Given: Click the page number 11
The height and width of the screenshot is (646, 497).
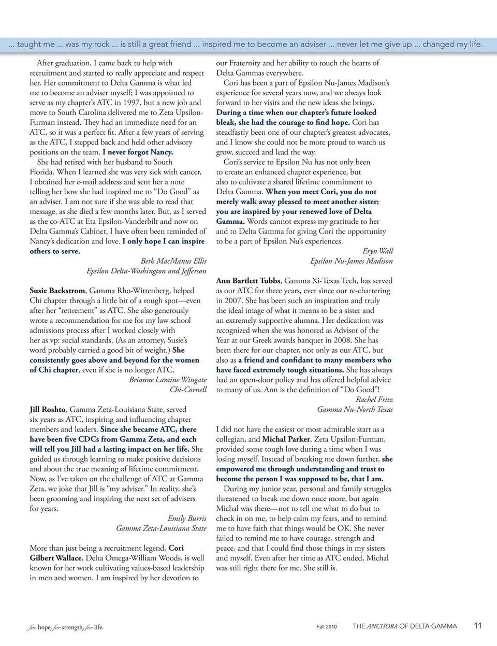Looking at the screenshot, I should (478, 626).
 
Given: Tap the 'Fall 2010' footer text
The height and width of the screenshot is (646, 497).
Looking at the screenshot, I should (326, 627).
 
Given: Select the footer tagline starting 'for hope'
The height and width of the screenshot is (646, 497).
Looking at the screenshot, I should (65, 627).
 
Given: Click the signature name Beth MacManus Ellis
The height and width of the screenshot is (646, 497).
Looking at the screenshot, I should (173, 261).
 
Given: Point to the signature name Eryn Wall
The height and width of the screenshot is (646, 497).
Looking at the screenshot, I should (377, 251).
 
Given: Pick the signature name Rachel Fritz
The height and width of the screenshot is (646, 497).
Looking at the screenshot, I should (374, 399).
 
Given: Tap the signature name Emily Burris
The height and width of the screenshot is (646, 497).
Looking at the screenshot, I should (187, 519).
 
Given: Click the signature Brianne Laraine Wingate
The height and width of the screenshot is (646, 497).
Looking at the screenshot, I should (168, 380).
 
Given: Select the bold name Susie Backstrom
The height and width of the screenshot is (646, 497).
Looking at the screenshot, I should (57, 291).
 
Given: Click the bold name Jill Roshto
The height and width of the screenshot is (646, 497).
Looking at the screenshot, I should (48, 409).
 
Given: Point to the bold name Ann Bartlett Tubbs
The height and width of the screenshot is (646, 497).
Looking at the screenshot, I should (248, 281).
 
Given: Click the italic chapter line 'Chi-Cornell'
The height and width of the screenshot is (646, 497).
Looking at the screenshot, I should (188, 390).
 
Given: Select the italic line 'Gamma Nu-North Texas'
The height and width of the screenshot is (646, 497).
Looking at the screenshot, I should (355, 409).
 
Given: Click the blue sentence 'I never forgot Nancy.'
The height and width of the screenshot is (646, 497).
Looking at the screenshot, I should (138, 152).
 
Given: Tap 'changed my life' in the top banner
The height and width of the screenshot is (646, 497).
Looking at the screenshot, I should (452, 45).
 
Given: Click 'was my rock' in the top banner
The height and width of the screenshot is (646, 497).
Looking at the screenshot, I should (87, 45).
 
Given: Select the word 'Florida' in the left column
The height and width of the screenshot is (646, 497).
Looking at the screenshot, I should (41, 172).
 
